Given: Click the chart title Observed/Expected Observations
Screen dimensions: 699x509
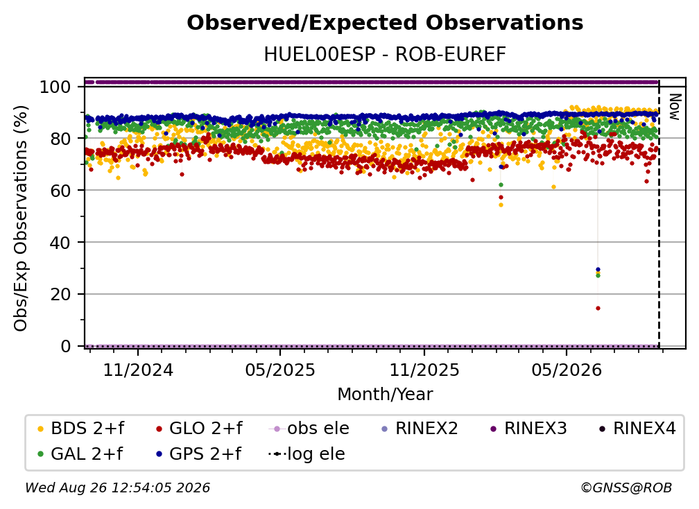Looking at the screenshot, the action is coord(385,23).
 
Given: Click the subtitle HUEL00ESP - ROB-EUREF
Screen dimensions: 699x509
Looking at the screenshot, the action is coord(385,55).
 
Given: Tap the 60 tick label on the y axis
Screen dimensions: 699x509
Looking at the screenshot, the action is coord(60,190).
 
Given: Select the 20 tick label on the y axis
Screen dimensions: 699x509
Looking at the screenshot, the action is coord(60,294).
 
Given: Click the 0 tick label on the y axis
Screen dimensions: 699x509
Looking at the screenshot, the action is coord(66,346).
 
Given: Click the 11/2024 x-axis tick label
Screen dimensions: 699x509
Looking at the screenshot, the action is coord(138,370).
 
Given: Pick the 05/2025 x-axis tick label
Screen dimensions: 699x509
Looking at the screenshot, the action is coord(280,370).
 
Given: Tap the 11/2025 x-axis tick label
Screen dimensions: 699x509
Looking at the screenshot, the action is coord(424,370).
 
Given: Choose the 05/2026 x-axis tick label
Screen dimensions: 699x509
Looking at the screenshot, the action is coord(567,370).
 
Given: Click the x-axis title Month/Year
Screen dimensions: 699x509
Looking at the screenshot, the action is coord(385,395).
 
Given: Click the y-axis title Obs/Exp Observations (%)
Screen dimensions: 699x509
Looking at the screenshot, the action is coord(21,218).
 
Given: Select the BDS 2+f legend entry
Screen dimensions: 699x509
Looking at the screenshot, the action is coord(80,429).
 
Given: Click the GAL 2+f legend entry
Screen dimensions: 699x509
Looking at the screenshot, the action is coord(80,454).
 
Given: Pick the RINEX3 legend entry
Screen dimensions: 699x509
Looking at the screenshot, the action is coord(528,429).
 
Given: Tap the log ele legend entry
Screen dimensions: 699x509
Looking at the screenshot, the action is coord(307,454).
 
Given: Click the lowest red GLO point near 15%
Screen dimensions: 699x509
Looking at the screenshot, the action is coord(598,308).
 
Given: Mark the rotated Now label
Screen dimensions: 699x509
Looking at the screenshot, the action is coord(675,107).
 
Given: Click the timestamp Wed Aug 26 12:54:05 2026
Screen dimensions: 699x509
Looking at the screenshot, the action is coord(117,488).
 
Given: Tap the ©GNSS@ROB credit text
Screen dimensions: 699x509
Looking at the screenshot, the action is coord(626,488).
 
